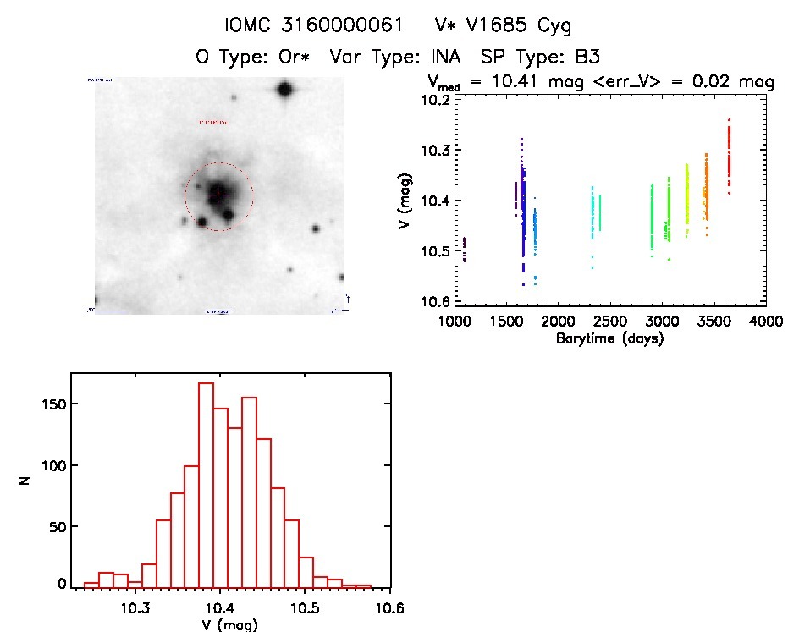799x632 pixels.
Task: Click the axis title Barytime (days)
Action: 609,338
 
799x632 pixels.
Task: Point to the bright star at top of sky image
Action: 284,89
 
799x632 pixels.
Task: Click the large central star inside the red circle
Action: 217,192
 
